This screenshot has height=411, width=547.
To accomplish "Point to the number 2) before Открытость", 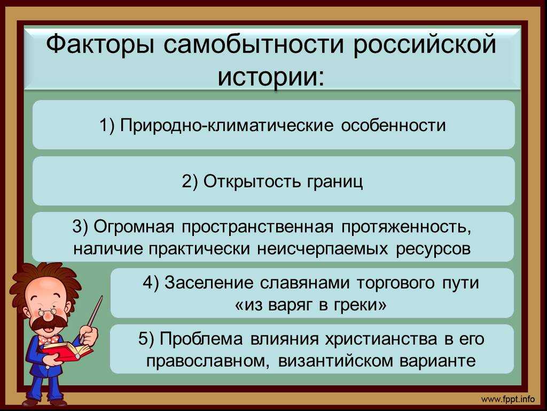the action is (190, 181).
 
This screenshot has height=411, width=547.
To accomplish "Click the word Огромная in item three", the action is (134, 227).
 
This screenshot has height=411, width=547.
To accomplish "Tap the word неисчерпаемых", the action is (322, 249).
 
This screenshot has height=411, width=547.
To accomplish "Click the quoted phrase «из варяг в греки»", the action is (311, 305).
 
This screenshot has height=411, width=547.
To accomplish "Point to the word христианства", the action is (381, 339).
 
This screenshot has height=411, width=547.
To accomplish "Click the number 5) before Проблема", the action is (146, 339).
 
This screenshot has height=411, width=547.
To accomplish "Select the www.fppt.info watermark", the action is (508, 399).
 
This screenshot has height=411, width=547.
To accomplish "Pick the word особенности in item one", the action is (394, 125).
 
